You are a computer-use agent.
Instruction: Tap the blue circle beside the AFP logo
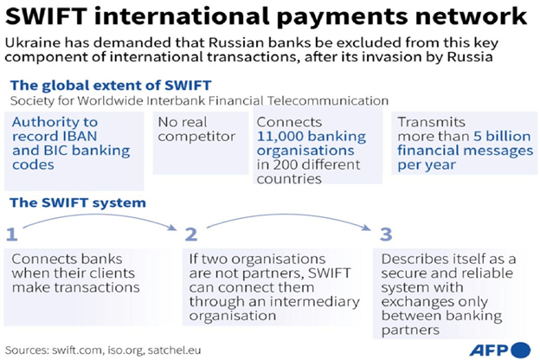point(520,348)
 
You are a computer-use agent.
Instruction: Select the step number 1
point(12,233)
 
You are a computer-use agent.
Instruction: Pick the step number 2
point(191,233)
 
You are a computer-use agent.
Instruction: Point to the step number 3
point(386,233)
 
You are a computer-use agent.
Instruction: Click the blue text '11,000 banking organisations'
point(309,143)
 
